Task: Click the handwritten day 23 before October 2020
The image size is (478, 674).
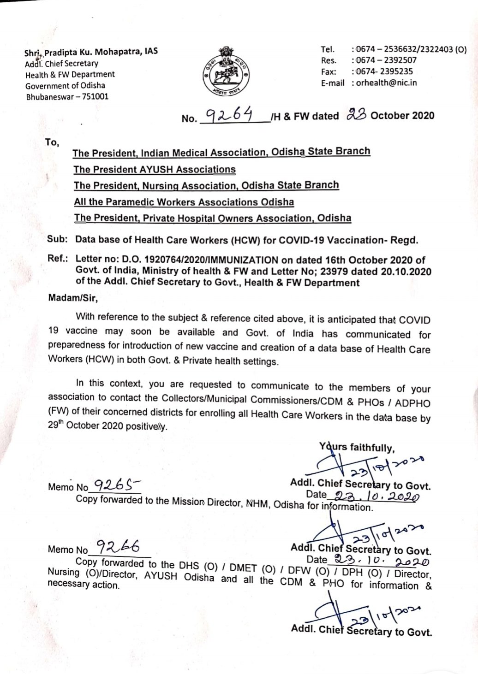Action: click(355, 115)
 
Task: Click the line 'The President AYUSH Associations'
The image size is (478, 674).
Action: click(155, 169)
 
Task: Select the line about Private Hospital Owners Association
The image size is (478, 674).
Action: click(212, 218)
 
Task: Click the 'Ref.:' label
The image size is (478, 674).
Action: click(58, 260)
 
